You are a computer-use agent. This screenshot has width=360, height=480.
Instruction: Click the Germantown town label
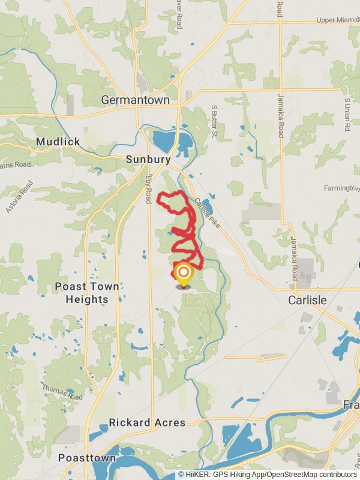click(136, 100)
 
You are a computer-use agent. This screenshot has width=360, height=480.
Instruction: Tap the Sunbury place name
click(148, 160)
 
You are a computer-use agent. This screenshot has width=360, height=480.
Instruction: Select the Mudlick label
click(58, 142)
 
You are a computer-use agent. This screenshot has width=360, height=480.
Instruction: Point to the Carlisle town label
click(307, 299)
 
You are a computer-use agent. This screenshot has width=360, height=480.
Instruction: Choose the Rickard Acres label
click(147, 422)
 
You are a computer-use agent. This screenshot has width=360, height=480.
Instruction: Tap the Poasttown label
click(88, 458)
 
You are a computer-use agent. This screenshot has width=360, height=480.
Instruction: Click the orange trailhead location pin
click(183, 274)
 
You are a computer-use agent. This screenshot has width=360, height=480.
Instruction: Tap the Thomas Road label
click(62, 392)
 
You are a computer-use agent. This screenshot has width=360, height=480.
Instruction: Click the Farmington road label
click(341, 188)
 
